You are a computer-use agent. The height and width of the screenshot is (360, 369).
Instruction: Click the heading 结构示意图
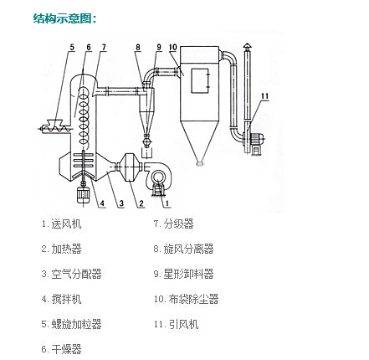point(64,18)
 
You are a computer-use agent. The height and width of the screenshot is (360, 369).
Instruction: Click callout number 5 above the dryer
point(72,47)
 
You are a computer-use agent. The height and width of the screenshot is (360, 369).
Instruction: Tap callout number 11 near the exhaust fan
point(264,96)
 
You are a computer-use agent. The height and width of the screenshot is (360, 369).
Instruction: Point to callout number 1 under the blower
point(167,203)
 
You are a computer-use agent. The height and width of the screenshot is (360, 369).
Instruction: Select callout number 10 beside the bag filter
point(173,47)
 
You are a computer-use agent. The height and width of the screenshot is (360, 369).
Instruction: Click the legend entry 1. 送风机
point(62,224)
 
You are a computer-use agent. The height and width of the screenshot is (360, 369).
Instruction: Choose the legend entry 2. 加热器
point(62,249)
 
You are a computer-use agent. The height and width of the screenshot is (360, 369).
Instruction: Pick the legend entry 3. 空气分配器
point(72,274)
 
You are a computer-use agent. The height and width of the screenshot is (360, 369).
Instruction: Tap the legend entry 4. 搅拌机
point(62,299)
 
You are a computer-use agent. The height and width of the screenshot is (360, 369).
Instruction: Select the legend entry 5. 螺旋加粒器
point(72,324)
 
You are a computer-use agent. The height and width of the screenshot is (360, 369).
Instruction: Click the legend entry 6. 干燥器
point(62,349)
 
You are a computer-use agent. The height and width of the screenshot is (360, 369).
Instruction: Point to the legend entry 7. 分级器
point(173,224)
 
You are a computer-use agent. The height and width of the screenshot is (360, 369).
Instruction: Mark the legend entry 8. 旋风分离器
point(183,249)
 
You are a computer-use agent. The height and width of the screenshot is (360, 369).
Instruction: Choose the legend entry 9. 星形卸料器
point(183,274)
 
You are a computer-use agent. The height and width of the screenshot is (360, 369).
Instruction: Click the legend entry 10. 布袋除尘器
point(186,299)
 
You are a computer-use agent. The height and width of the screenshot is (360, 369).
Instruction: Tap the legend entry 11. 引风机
point(176,324)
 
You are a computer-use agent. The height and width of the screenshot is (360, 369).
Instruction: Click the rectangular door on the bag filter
point(200,80)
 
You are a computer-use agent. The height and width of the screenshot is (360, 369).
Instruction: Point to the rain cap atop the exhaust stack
point(247,45)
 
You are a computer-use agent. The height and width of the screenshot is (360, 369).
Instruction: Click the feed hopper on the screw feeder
point(54,122)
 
